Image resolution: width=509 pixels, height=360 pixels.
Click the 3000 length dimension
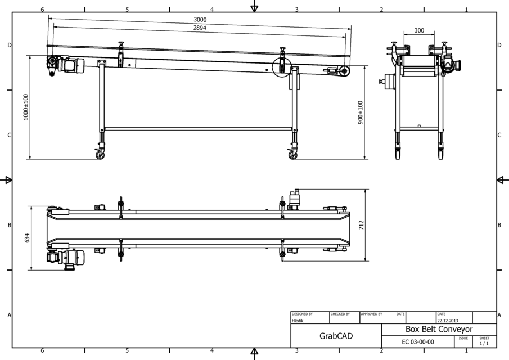click(x=200, y=20)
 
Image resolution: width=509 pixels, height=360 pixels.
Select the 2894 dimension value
click(x=200, y=28)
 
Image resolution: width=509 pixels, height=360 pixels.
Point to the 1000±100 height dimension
click(x=25, y=107)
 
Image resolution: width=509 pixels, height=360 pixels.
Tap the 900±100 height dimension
click(x=361, y=112)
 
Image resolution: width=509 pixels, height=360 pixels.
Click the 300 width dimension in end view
click(x=419, y=31)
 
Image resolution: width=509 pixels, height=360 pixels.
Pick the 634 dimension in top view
click(x=27, y=238)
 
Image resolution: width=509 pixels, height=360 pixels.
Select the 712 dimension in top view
click(x=361, y=226)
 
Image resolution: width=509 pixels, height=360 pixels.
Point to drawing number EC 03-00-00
click(x=417, y=341)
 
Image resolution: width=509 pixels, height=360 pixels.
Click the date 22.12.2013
click(x=448, y=321)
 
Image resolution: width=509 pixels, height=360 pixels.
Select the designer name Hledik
click(x=298, y=321)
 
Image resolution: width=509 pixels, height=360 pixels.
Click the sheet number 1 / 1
click(x=484, y=343)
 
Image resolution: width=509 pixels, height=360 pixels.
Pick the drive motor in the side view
click(x=70, y=65)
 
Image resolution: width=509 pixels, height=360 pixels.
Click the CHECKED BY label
click(x=341, y=314)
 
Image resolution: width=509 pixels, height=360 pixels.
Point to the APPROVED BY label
click(x=371, y=314)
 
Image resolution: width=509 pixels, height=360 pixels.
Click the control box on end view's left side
click(x=386, y=82)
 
